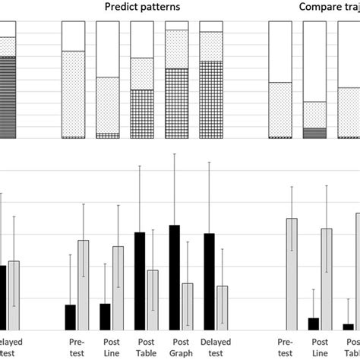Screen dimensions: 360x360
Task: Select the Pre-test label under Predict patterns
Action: point(76,347)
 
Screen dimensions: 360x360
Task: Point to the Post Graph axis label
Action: point(180,347)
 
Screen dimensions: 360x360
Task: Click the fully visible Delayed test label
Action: point(215,347)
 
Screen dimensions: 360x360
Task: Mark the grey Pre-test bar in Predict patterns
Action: point(82,284)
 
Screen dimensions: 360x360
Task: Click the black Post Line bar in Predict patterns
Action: point(105,316)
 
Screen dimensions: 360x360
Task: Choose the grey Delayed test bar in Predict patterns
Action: point(222,307)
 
